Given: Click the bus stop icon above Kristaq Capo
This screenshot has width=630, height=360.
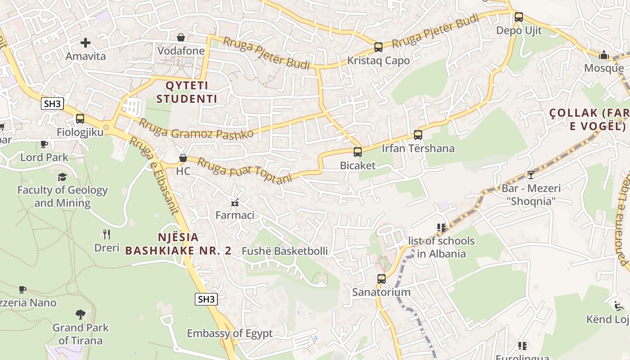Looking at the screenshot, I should tap(378, 47).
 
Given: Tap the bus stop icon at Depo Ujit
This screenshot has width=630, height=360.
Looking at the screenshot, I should tap(518, 17).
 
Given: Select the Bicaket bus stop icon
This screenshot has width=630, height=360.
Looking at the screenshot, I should tap(358, 152).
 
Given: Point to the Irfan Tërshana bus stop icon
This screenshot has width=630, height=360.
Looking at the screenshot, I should tap(418, 135).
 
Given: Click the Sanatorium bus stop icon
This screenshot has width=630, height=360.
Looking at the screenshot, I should tap(382, 279).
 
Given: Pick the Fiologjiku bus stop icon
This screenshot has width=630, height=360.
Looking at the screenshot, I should tap(80, 119).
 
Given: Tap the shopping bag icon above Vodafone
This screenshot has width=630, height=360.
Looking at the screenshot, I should tap(181, 37).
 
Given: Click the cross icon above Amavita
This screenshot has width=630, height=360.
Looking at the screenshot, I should tap(85, 43).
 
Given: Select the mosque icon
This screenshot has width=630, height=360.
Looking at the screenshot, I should tap(603, 55).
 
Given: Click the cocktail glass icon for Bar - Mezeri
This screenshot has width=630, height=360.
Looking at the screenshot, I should tap(531, 175).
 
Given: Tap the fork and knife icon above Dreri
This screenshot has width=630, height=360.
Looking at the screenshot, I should tap(107, 234).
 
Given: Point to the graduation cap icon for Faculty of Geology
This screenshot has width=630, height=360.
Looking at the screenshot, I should tap(62, 177).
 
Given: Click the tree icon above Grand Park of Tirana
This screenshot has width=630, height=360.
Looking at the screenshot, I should tap(81, 314).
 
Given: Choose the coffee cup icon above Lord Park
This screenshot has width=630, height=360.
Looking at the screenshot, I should tap(44, 144).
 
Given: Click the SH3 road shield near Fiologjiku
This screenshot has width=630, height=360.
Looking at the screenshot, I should tap(52, 104).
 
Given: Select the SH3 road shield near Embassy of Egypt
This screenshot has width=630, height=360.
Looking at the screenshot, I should tap(206, 299).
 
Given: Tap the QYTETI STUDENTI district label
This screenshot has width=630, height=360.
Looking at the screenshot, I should tap(187, 92).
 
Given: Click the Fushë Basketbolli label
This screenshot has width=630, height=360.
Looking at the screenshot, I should tap(285, 251).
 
